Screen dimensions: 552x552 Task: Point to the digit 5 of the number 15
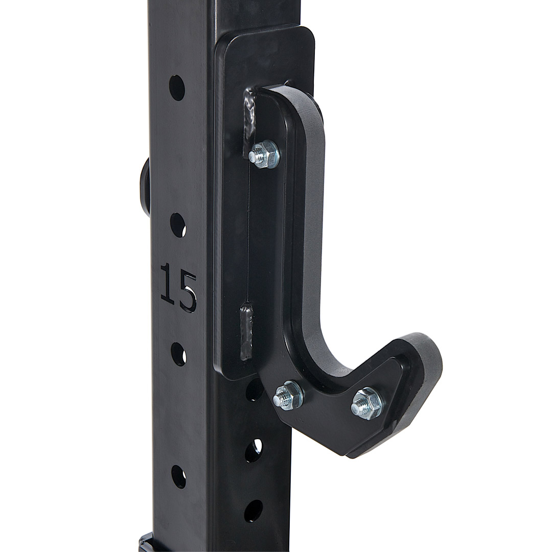pos(187,291)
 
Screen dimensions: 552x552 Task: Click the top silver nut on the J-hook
pos(264,154)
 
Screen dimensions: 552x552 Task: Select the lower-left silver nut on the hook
pos(288,395)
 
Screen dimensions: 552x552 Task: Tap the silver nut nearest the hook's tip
pos(367,403)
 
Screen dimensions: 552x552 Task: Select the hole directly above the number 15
pos(178,225)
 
